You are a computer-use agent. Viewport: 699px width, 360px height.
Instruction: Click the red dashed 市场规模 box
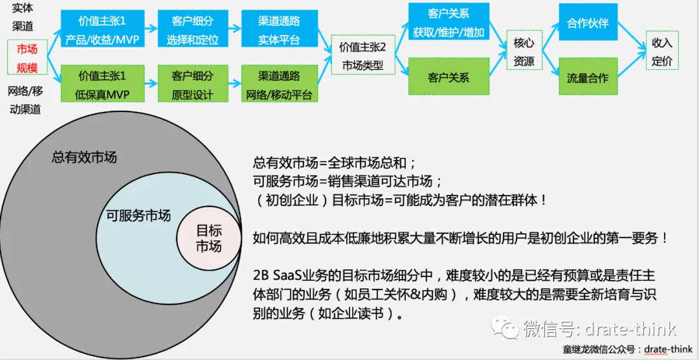pyautogui.click(x=27, y=58)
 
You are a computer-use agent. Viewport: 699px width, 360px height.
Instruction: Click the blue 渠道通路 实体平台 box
pyautogui.click(x=279, y=29)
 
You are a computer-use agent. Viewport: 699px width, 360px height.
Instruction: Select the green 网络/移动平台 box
pyautogui.click(x=279, y=84)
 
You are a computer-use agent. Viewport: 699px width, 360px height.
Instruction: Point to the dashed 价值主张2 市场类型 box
pyautogui.click(x=362, y=56)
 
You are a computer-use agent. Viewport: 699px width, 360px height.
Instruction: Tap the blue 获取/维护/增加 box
pyautogui.click(x=449, y=23)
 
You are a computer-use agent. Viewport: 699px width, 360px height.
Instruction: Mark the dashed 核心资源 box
pyautogui.click(x=524, y=52)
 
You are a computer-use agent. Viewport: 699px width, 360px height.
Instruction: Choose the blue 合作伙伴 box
pyautogui.click(x=588, y=23)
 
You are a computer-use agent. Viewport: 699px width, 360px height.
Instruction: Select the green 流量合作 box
pyautogui.click(x=588, y=78)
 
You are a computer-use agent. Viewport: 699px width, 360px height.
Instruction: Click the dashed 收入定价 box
pyautogui.click(x=661, y=52)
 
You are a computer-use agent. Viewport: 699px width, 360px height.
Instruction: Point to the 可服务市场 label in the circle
pyautogui.click(x=138, y=215)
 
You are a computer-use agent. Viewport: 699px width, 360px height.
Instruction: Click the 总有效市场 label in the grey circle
pyautogui.click(x=84, y=157)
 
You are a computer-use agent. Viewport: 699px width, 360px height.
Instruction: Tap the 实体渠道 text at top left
pyautogui.click(x=23, y=17)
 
